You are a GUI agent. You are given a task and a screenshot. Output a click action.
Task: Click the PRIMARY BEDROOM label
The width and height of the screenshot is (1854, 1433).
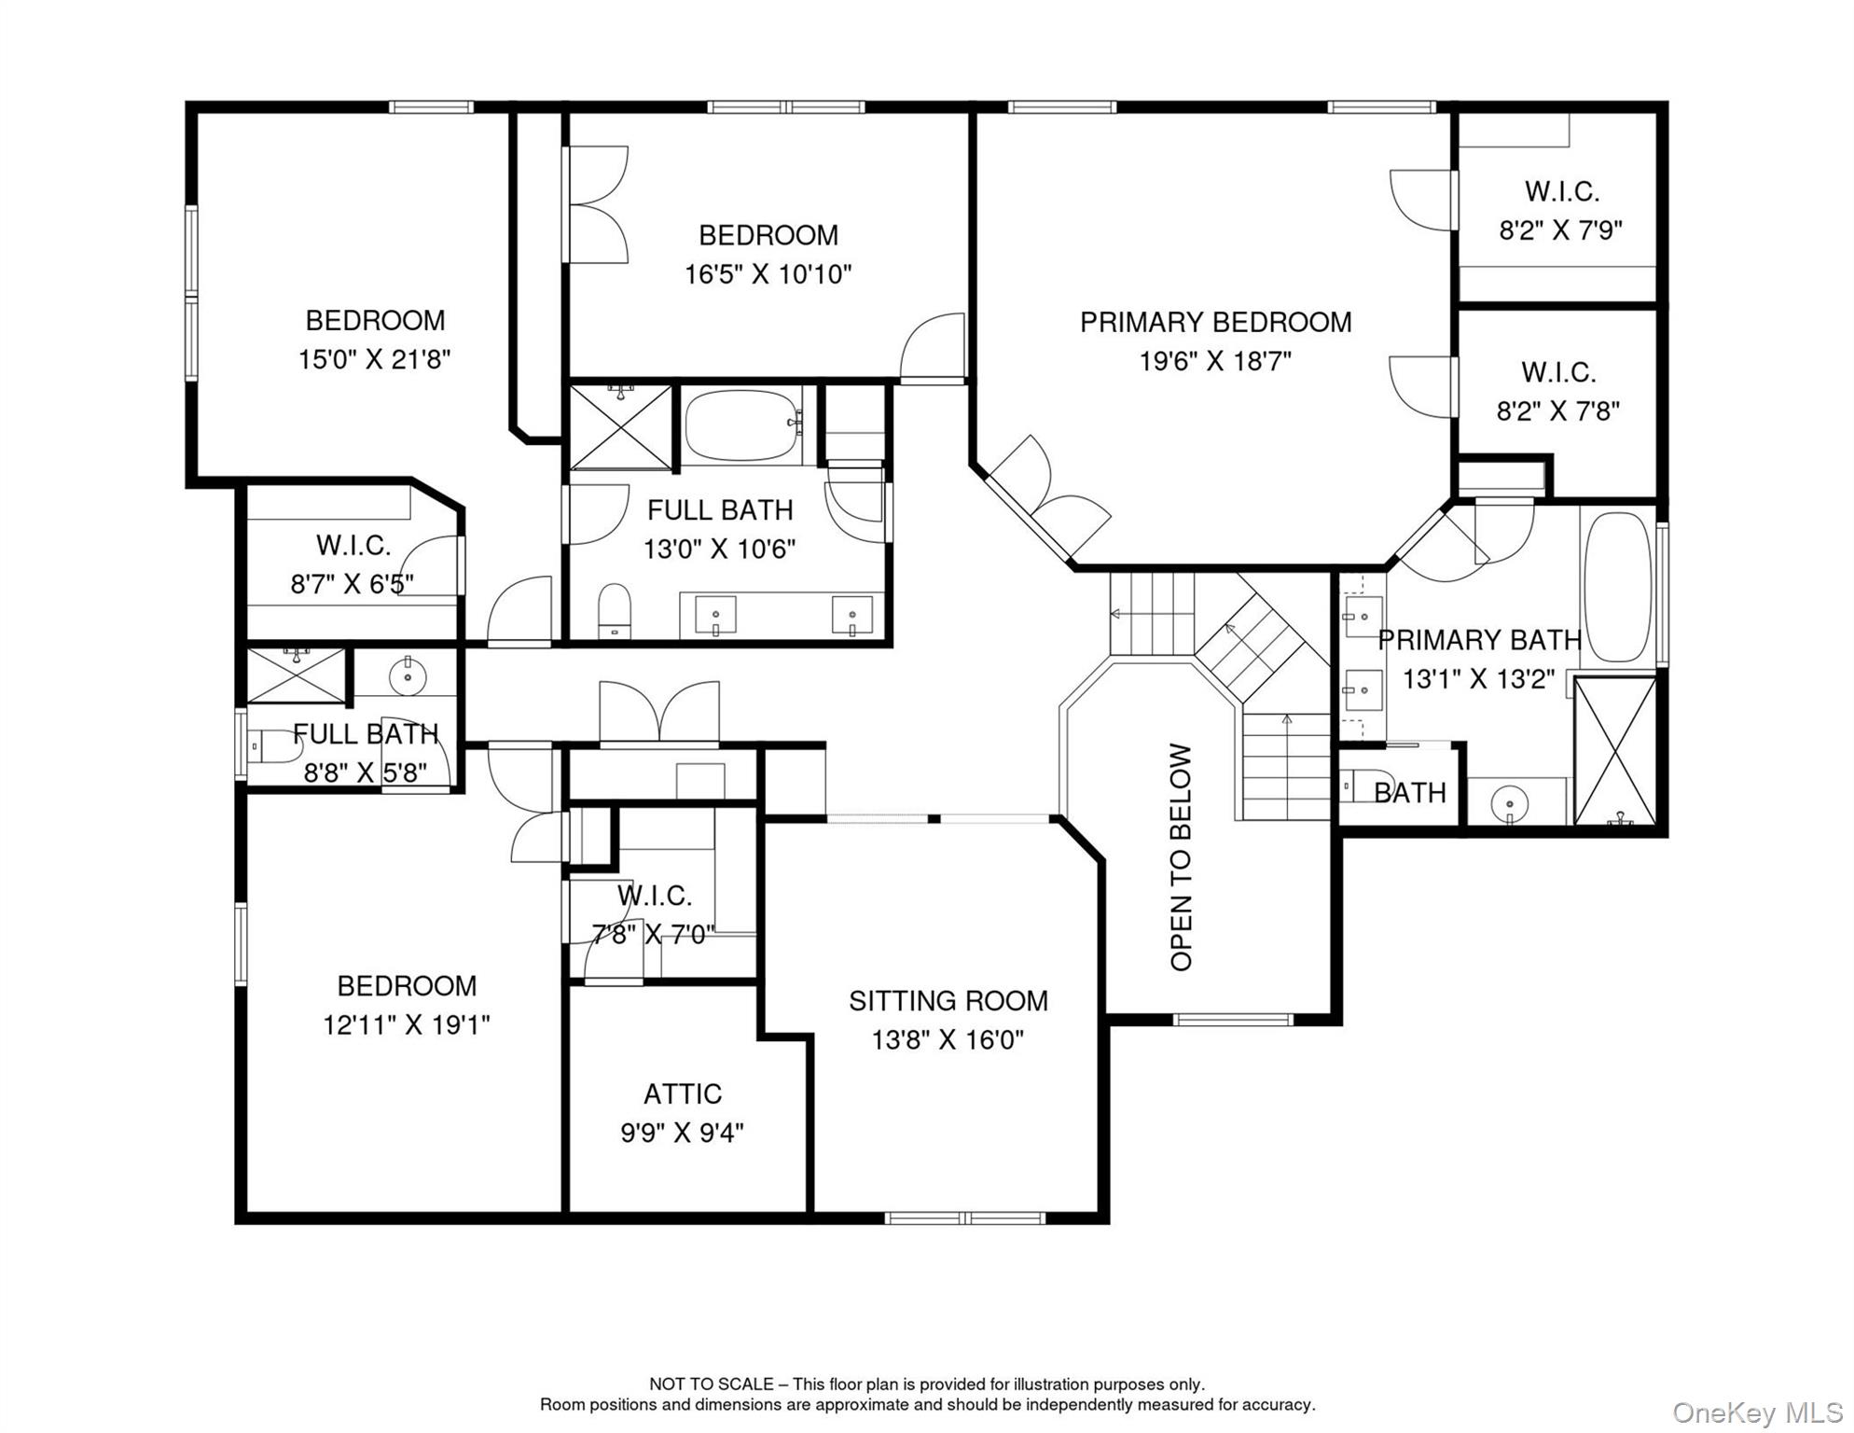tap(1214, 323)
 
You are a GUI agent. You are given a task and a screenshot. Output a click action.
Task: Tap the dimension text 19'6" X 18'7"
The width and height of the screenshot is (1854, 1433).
tap(1214, 362)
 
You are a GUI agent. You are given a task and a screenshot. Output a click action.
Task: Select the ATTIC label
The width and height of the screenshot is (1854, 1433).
tap(682, 1093)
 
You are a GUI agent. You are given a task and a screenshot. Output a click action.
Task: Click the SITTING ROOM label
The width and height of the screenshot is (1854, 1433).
tap(948, 1001)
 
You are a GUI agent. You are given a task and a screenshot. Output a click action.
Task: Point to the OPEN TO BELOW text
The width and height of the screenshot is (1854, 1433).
tap(1181, 856)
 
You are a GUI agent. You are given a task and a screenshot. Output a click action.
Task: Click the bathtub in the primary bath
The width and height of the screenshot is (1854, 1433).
tap(1617, 587)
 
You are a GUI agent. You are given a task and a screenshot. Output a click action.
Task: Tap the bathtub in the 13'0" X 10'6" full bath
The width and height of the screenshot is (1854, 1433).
tap(741, 425)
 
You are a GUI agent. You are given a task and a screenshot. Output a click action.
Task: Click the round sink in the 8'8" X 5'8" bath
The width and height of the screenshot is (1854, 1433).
tap(408, 675)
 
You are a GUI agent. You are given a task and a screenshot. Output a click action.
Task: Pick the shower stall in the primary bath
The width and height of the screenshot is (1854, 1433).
tap(1614, 750)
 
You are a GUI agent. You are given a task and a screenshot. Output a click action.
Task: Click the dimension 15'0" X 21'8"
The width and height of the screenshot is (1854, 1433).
tap(374, 359)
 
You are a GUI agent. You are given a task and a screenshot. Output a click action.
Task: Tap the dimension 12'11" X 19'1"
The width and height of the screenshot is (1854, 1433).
tap(406, 1025)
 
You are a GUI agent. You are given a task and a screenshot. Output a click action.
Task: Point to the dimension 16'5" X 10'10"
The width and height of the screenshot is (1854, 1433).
tap(768, 274)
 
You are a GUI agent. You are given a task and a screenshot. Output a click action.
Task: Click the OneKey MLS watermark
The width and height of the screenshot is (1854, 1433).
tap(1757, 1412)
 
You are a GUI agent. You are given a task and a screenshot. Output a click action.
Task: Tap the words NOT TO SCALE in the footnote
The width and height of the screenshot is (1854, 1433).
tap(712, 1384)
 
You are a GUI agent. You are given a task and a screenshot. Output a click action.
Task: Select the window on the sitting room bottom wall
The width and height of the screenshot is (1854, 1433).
tap(964, 1217)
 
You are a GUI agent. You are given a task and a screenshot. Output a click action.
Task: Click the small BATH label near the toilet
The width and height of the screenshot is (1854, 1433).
tap(1409, 793)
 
